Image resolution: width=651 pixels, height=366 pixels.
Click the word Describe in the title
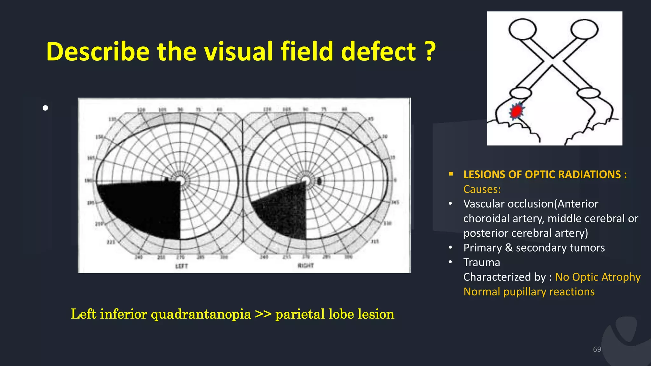[98, 51]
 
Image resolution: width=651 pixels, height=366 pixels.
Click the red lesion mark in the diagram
[516, 111]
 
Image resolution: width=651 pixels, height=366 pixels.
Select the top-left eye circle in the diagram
[522, 29]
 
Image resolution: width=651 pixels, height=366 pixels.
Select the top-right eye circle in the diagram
[584, 29]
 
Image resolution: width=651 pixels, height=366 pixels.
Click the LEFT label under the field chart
[182, 266]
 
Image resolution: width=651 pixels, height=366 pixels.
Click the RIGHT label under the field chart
[306, 265]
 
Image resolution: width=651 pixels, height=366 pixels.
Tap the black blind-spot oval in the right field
[319, 181]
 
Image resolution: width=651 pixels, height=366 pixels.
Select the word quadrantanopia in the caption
[201, 314]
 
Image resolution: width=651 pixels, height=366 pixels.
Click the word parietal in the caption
[300, 314]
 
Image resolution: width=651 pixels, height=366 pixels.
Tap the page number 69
[597, 349]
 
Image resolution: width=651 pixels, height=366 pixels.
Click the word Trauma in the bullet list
[482, 262]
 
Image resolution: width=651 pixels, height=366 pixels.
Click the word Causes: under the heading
[482, 189]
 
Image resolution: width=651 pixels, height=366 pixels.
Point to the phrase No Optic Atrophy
[598, 277]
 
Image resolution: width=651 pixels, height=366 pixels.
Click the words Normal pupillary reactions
[529, 292]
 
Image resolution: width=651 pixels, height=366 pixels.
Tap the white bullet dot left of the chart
[45, 108]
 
